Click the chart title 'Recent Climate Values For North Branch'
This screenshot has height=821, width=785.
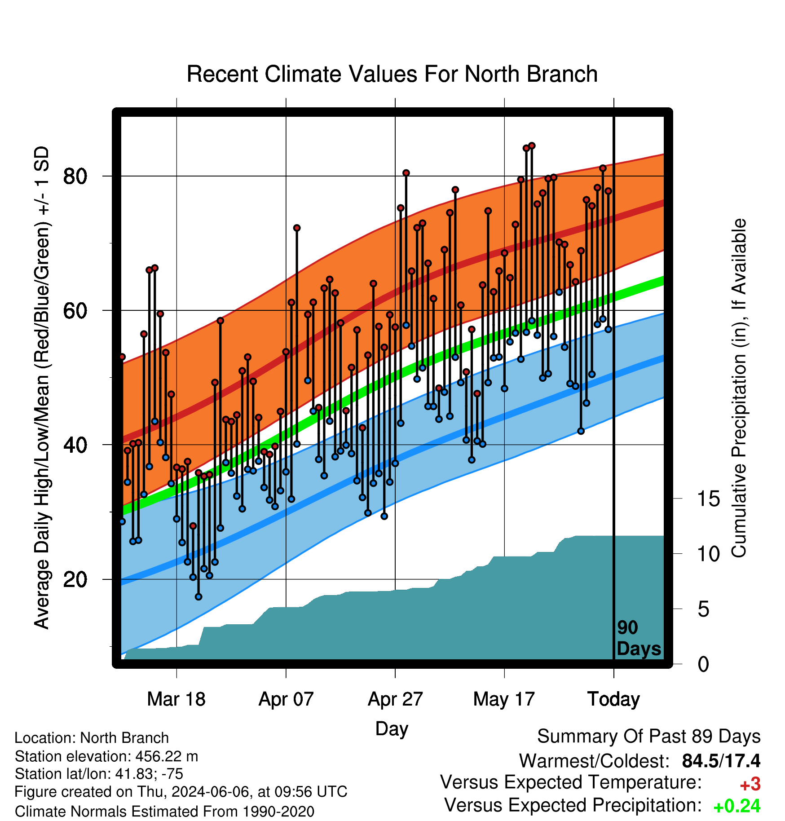[392, 74]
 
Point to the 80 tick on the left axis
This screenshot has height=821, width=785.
[75, 177]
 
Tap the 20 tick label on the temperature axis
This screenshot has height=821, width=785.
[75, 579]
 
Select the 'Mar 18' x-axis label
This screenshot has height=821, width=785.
[176, 699]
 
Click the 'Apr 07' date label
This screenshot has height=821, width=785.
[286, 699]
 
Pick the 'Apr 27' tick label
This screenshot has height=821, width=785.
[395, 699]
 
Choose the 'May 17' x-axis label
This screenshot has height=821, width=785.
[504, 699]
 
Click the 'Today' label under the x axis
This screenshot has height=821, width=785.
[614, 699]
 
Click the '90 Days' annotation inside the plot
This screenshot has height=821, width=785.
[639, 638]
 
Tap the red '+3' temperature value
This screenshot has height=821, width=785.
[750, 784]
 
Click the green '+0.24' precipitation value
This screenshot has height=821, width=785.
[737, 806]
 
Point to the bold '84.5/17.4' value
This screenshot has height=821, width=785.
[721, 761]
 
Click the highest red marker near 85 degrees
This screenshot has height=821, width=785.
[532, 146]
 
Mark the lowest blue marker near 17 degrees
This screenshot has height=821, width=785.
[198, 596]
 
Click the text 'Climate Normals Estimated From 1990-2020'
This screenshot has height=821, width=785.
[164, 812]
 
